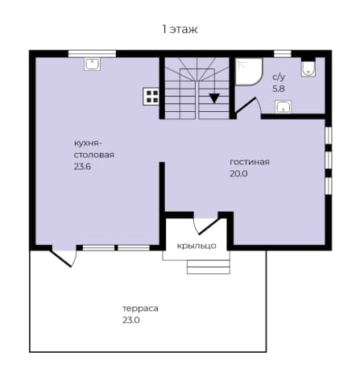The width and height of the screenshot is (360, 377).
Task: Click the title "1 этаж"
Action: (x=180, y=29)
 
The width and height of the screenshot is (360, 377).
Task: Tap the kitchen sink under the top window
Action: (x=92, y=64)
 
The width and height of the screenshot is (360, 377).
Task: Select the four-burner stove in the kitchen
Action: (x=151, y=97)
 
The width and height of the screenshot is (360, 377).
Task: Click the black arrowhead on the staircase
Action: (x=214, y=98)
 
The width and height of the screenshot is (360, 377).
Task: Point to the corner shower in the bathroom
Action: (x=248, y=72)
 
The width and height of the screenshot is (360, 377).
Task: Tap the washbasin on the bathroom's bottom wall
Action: (x=283, y=107)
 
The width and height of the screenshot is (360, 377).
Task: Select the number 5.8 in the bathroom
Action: (x=279, y=89)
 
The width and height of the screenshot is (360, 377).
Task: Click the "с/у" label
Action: (x=279, y=77)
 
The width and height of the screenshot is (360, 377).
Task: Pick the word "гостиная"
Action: (x=250, y=162)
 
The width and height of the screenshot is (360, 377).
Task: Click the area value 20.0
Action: (x=238, y=174)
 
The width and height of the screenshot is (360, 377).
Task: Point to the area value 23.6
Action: (x=82, y=167)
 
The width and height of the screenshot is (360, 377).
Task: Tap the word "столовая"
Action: (x=94, y=155)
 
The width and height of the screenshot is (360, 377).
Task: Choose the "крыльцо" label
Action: (x=197, y=246)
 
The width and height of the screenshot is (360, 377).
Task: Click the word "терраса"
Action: (x=140, y=309)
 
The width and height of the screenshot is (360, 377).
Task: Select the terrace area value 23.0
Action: (x=131, y=321)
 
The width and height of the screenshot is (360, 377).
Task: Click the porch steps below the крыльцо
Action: (x=209, y=267)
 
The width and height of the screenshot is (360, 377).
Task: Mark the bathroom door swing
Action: (x=247, y=108)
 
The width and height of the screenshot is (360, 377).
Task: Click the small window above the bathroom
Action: (x=283, y=54)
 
